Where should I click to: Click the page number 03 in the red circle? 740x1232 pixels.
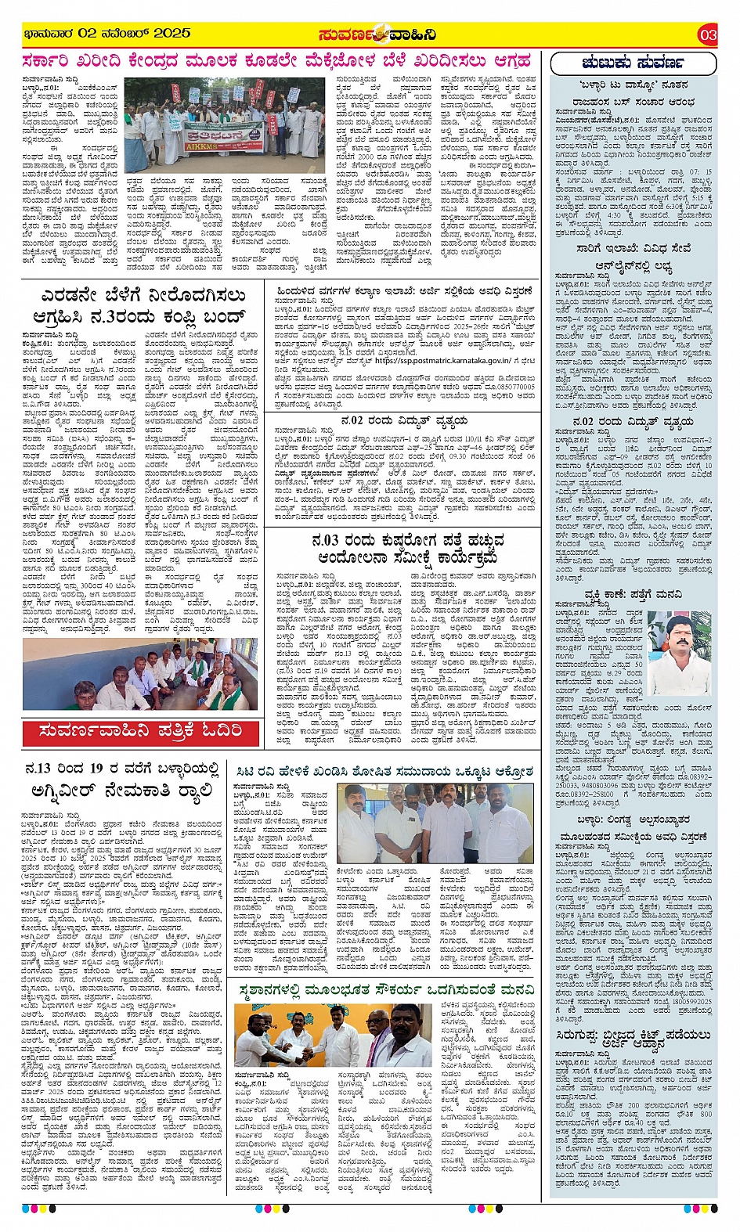[708, 34]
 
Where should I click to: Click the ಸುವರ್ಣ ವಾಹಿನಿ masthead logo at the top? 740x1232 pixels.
[377, 34]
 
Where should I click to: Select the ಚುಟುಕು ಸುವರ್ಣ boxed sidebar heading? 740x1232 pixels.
[633, 63]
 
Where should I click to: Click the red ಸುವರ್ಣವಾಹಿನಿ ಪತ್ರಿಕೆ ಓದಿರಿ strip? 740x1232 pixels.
[141, 733]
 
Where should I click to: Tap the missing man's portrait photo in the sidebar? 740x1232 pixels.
[678, 644]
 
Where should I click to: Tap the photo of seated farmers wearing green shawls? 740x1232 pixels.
[141, 675]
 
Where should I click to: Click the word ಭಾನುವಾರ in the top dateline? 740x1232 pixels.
[49, 34]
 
